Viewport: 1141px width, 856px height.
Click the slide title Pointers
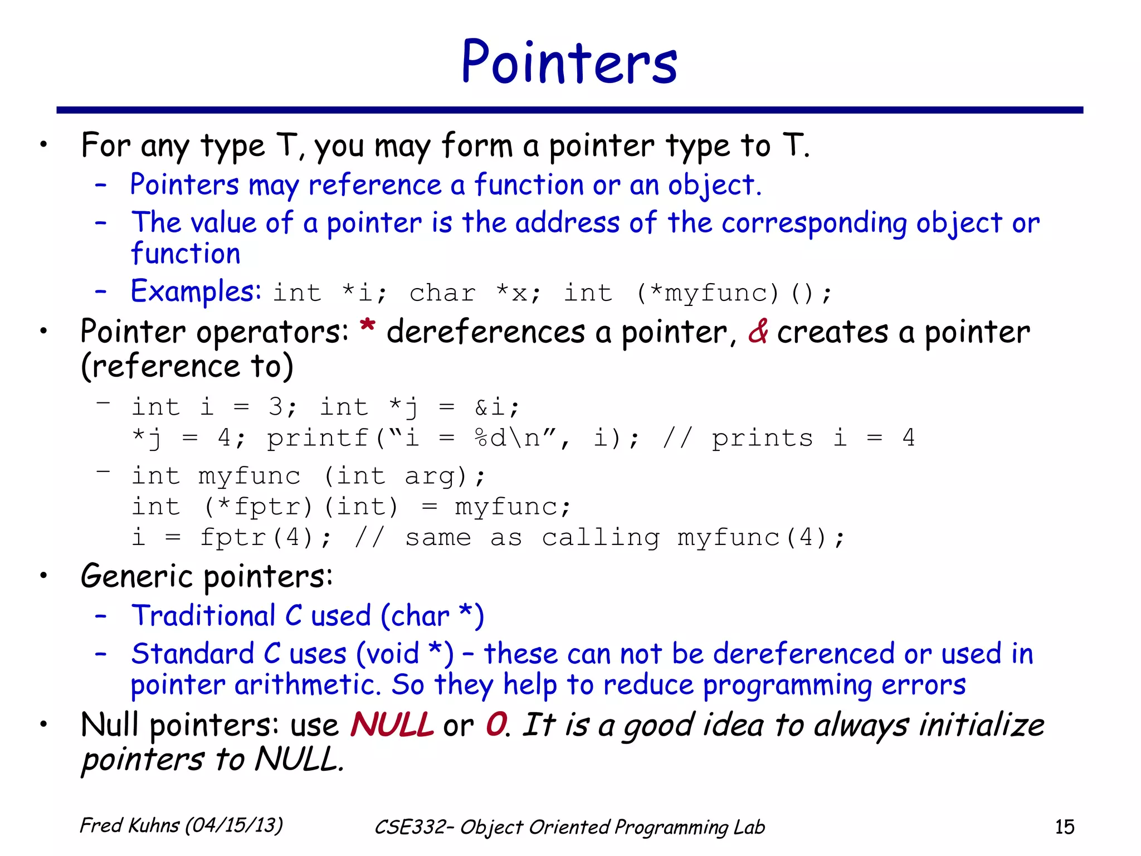pyautogui.click(x=569, y=62)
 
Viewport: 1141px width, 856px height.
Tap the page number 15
pyautogui.click(x=1064, y=826)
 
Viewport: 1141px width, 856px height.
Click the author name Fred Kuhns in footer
pyautogui.click(x=129, y=825)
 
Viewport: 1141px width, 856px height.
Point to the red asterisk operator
pyautogui.click(x=367, y=326)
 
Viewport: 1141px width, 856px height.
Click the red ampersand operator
pyautogui.click(x=758, y=332)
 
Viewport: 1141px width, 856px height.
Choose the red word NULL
pyautogui.click(x=392, y=725)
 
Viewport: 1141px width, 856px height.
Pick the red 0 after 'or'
pyautogui.click(x=495, y=725)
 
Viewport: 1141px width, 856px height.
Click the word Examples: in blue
pyautogui.click(x=196, y=291)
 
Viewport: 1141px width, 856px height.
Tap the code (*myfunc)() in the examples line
pyautogui.click(x=734, y=293)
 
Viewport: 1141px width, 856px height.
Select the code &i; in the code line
pyautogui.click(x=497, y=407)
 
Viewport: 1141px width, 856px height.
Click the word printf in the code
pyautogui.click(x=318, y=439)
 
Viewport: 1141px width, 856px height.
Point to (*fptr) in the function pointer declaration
pyautogui.click(x=259, y=507)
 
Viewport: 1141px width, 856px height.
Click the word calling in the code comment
pyautogui.click(x=601, y=538)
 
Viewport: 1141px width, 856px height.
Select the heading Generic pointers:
pyautogui.click(x=207, y=577)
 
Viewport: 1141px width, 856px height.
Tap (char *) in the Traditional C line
pyautogui.click(x=432, y=616)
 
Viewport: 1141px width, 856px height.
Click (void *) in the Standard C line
pyautogui.click(x=405, y=654)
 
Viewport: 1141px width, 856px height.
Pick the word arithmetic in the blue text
pyautogui.click(x=308, y=685)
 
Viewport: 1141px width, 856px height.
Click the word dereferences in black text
pyautogui.click(x=486, y=333)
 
